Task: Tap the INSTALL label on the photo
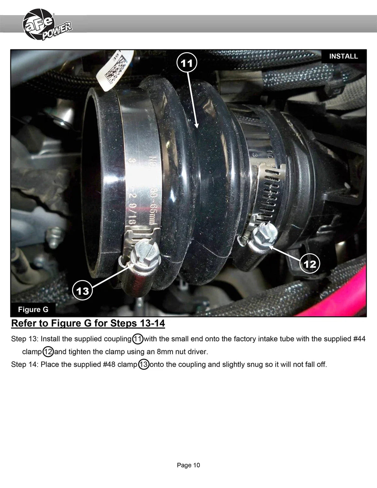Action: click(344, 56)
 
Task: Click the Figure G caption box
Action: click(33, 309)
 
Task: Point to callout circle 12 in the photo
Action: click(310, 264)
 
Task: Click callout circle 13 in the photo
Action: click(82, 291)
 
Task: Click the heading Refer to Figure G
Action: click(88, 323)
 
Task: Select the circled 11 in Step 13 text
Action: click(138, 339)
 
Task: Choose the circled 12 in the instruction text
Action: click(48, 352)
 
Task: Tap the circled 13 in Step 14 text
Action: click(144, 364)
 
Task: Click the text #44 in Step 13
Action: click(359, 339)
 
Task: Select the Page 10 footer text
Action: click(188, 465)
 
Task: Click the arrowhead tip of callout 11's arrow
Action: click(197, 128)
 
